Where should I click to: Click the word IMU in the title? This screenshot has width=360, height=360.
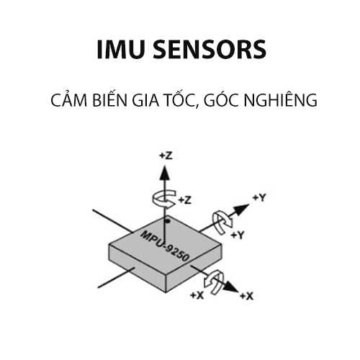coord(119,50)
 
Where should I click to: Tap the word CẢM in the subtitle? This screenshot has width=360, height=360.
coord(68,101)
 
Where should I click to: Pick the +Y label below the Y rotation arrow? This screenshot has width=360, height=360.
coord(240,235)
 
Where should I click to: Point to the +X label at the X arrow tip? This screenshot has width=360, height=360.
coord(246,296)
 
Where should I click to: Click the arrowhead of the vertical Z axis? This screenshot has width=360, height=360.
coord(165,171)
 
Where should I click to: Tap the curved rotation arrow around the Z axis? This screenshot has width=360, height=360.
coord(164,199)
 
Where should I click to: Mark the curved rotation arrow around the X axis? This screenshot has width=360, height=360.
coord(215,279)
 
